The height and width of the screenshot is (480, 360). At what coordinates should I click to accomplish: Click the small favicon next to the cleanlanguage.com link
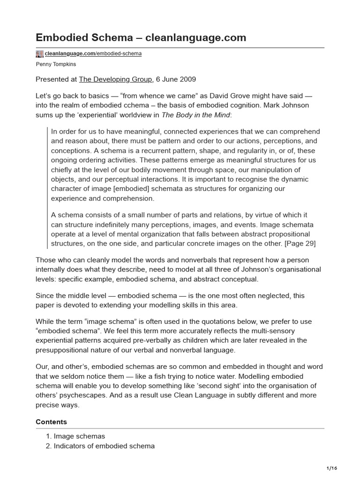(39, 54)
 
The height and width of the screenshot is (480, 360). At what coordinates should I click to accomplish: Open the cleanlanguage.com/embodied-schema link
(93, 54)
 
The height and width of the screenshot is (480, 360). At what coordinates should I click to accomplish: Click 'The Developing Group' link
(115, 79)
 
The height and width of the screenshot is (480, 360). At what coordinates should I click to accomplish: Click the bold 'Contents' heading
(51, 422)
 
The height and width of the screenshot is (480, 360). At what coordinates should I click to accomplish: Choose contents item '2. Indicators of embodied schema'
(104, 446)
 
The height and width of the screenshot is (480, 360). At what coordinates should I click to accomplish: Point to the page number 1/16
(331, 468)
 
